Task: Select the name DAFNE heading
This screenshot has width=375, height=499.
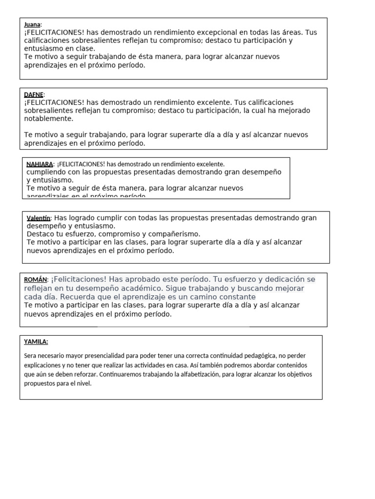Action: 34,95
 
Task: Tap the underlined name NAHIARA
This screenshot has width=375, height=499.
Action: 40,164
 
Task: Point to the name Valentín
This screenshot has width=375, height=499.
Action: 39,218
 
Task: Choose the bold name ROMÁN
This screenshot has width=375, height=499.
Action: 36,279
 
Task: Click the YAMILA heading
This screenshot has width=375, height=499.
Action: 36,342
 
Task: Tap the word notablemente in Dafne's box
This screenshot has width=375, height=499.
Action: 49,118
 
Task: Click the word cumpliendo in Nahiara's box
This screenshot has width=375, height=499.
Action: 45,172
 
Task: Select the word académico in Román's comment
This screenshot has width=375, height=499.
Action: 134,288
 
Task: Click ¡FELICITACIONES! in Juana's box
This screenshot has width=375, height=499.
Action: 54,33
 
